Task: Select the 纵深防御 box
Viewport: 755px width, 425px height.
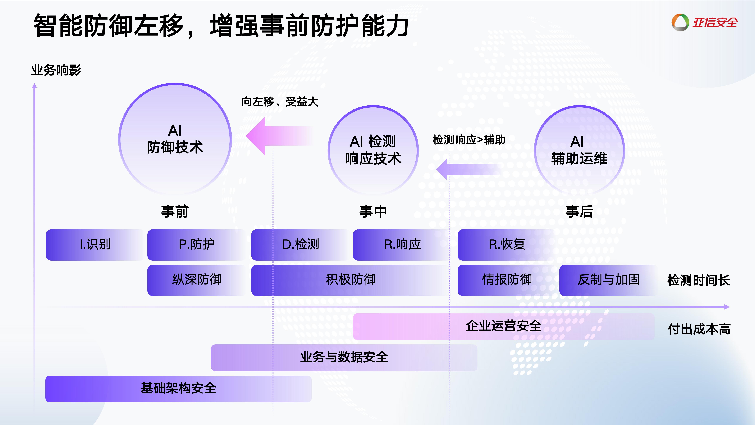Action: tap(196, 280)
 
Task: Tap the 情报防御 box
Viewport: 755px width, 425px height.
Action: tap(507, 280)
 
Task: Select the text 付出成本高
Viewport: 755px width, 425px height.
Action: tap(699, 329)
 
